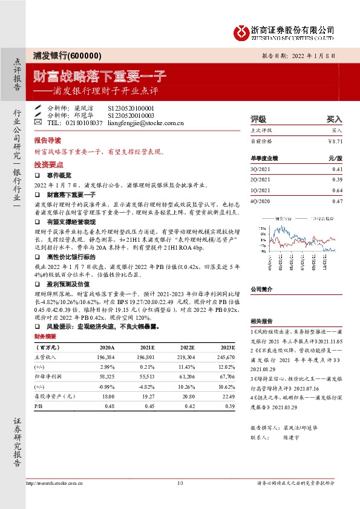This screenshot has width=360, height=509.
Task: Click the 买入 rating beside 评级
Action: [334, 119]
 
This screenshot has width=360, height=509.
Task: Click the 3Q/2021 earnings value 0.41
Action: [337, 170]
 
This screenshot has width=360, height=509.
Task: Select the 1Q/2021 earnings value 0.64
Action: [337, 190]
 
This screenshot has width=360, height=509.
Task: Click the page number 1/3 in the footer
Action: [180, 483]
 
